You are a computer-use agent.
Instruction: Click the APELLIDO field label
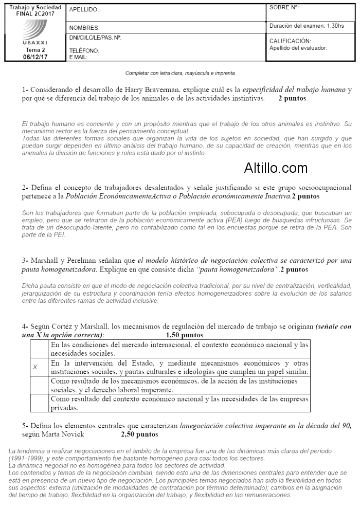pyautogui.click(x=84, y=10)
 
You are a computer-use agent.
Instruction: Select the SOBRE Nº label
pyautogui.click(x=284, y=8)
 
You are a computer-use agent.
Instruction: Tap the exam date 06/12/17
pyautogui.click(x=35, y=57)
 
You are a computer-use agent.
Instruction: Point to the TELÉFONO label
pyautogui.click(x=84, y=51)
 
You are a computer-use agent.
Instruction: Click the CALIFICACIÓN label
pyautogui.click(x=290, y=41)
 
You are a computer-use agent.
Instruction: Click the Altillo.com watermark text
pyautogui.click(x=276, y=168)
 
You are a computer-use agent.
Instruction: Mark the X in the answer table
pyautogui.click(x=35, y=367)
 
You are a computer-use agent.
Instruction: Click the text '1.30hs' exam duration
pyautogui.click(x=334, y=25)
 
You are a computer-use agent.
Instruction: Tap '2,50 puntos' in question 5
pyautogui.click(x=139, y=434)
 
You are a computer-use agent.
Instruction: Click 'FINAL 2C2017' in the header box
pyautogui.click(x=35, y=14)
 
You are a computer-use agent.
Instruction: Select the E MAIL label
pyautogui.click(x=78, y=57)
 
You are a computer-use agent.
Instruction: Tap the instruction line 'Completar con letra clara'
pyautogui.click(x=180, y=73)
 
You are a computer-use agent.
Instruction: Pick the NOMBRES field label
pyautogui.click(x=84, y=28)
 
